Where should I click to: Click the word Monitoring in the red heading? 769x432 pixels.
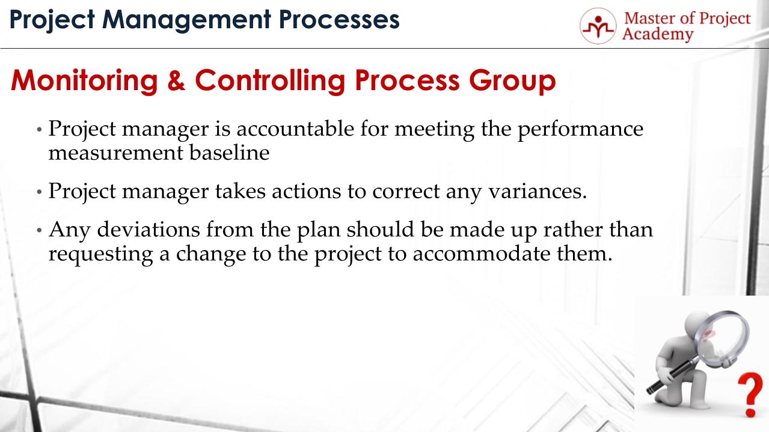[85, 81]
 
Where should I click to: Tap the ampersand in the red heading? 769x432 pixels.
[176, 81]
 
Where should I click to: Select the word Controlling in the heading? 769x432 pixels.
[270, 81]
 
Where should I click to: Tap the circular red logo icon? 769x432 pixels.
[598, 26]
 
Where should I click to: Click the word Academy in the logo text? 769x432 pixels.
[658, 34]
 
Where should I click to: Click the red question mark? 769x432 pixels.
[750, 394]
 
